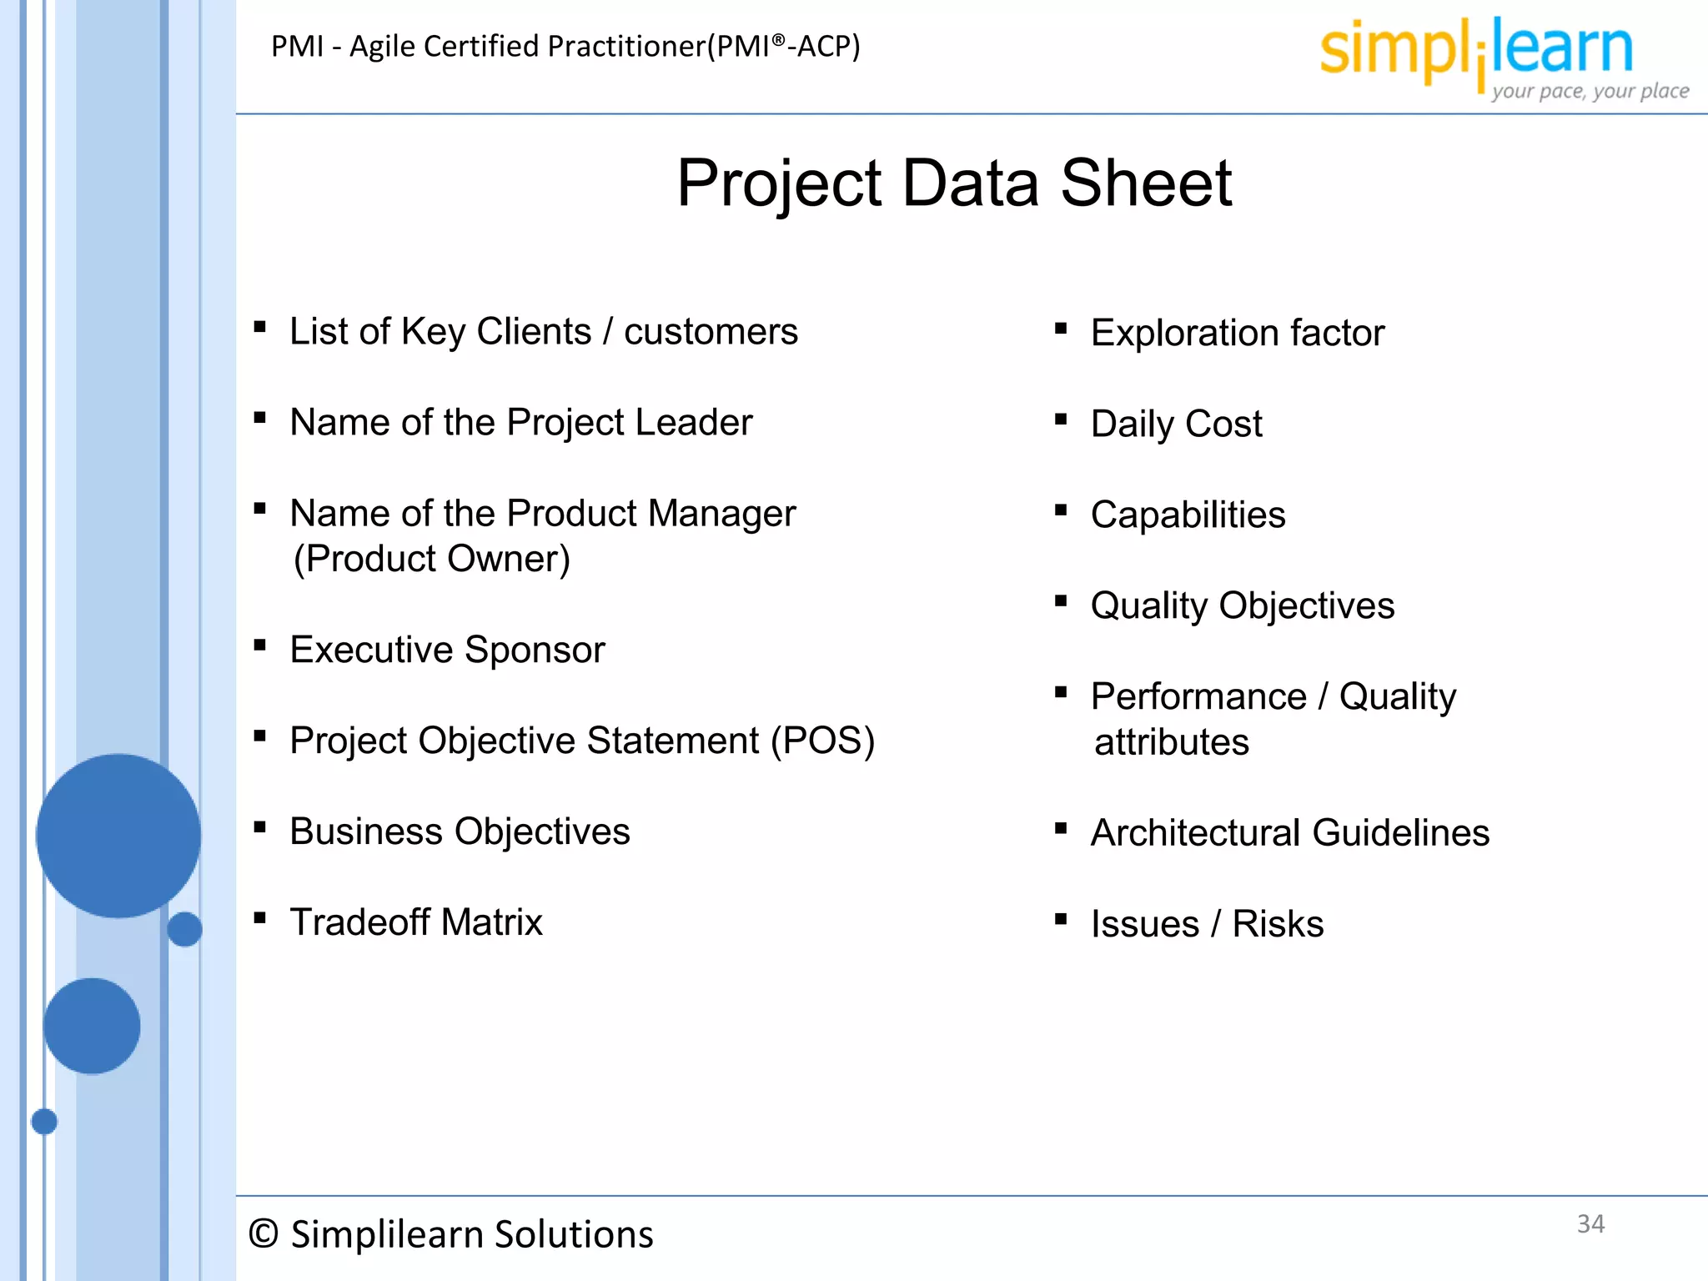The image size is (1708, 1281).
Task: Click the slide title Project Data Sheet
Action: (x=954, y=183)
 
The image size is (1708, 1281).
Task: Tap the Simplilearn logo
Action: (x=1476, y=50)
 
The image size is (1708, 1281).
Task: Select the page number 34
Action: (x=1590, y=1223)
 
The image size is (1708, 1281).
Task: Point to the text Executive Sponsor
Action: (x=447, y=650)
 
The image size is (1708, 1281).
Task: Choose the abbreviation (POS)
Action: (x=822, y=741)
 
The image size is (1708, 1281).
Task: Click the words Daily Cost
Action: (x=1176, y=424)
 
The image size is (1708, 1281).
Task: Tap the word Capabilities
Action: (x=1188, y=515)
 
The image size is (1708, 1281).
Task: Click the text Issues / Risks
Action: (x=1207, y=924)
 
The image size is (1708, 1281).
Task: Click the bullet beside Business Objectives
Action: (x=260, y=827)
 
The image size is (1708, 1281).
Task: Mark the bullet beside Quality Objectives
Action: (x=1061, y=600)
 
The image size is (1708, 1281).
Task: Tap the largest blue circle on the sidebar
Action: (x=118, y=836)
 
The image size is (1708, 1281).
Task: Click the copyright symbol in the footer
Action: (x=264, y=1234)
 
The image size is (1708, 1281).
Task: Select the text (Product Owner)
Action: (x=432, y=559)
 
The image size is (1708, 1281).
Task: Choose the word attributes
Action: (x=1171, y=742)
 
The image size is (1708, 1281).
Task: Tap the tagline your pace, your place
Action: (x=1590, y=91)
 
